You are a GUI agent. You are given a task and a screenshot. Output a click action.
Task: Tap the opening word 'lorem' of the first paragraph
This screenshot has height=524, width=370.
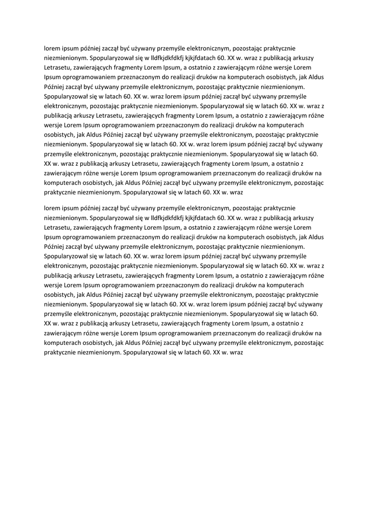pyautogui.click(x=52, y=49)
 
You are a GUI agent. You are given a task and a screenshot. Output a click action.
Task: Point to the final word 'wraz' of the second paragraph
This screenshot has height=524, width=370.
pyautogui.click(x=233, y=352)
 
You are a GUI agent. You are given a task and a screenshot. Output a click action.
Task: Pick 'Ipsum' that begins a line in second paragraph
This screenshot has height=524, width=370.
pyautogui.click(x=53, y=237)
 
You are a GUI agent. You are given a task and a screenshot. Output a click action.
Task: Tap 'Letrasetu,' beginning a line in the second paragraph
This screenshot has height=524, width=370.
pyautogui.click(x=59, y=228)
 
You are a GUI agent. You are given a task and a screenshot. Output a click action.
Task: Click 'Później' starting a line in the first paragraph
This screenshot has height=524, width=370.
pyautogui.click(x=55, y=87)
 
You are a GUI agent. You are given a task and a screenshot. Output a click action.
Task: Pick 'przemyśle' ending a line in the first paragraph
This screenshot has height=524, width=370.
pyautogui.click(x=293, y=97)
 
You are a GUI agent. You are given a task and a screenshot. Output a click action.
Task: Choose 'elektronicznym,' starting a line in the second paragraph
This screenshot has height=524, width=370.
pyautogui.click(x=66, y=266)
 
